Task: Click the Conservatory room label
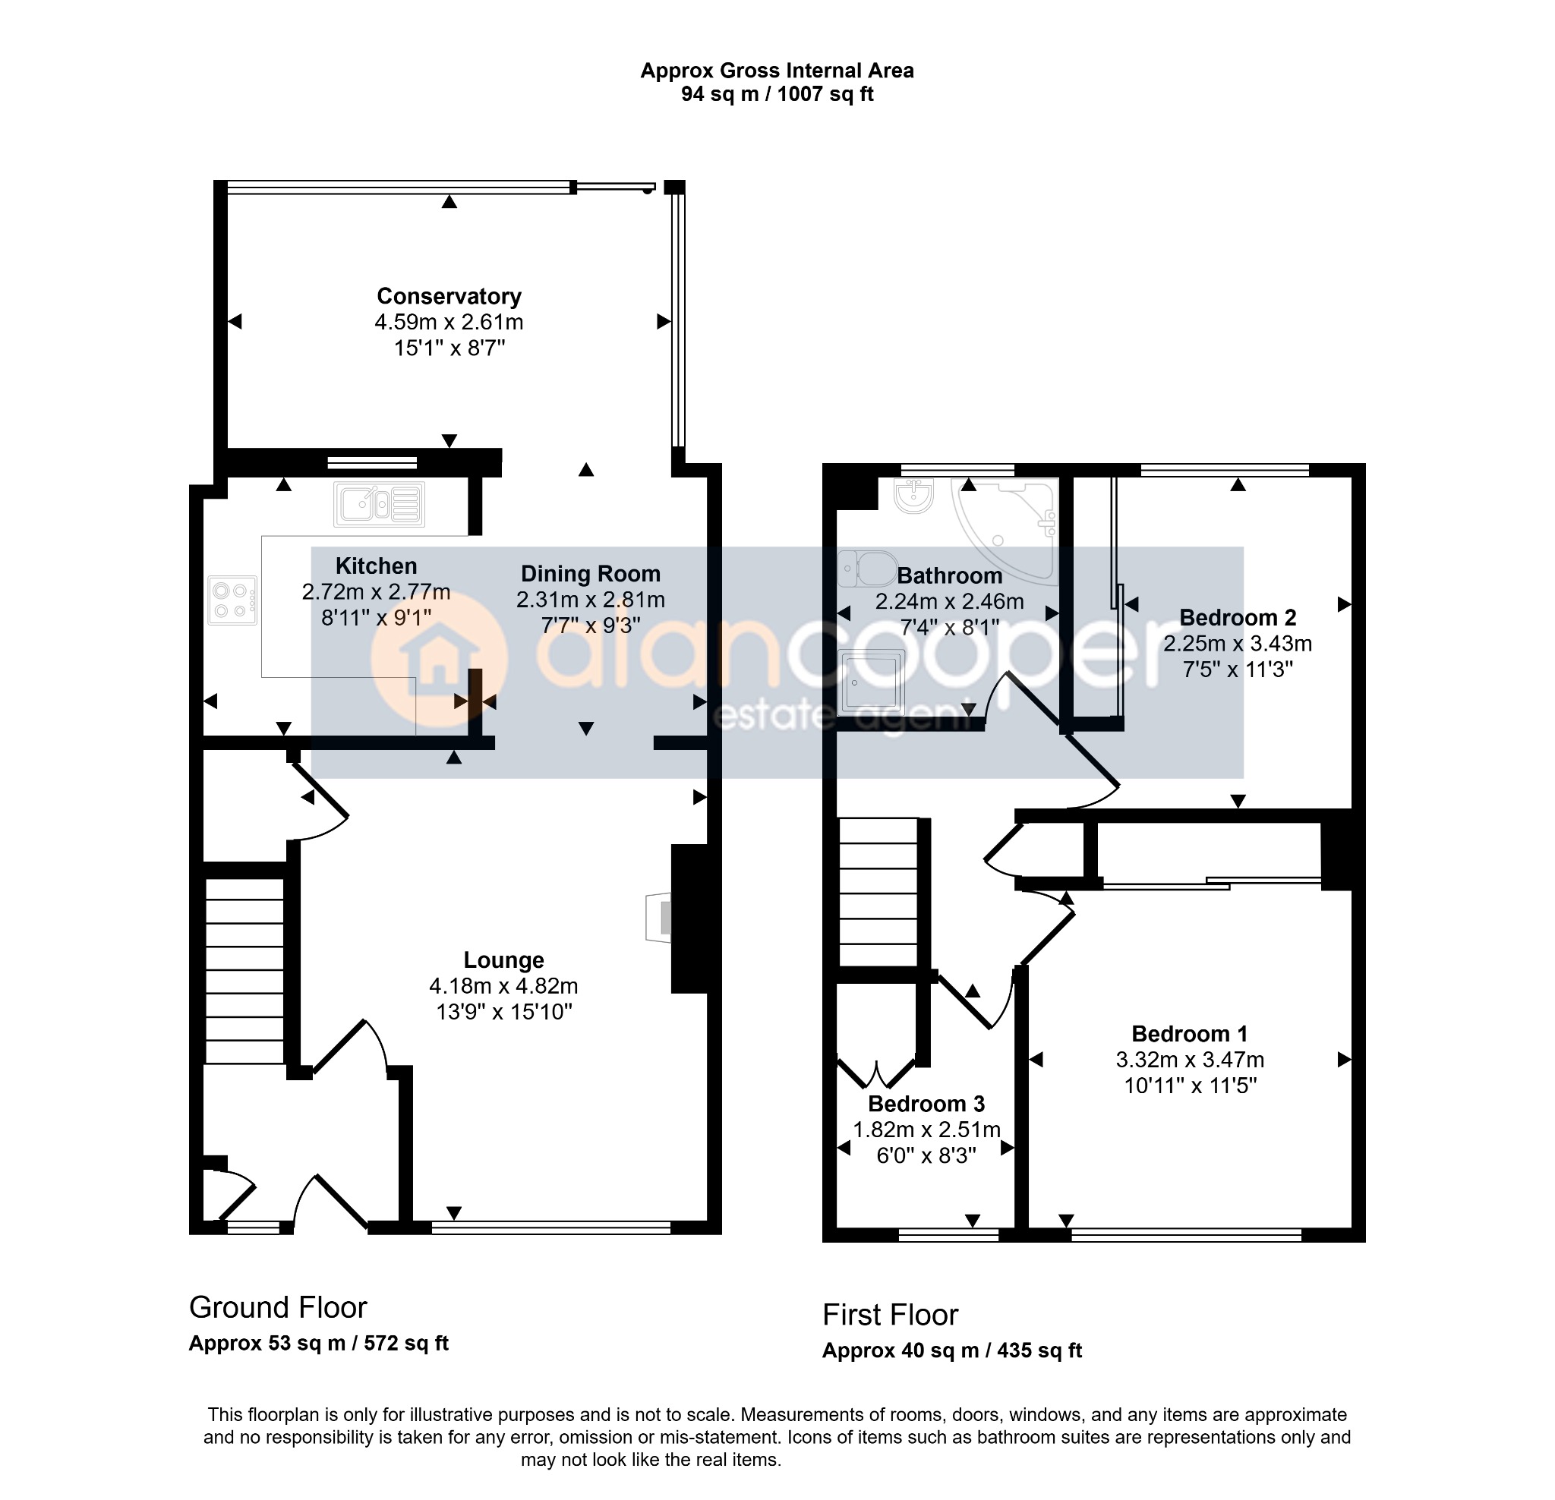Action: click(449, 297)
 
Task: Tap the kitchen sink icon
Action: click(379, 505)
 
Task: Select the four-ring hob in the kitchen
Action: click(232, 600)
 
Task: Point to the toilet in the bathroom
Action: click(868, 569)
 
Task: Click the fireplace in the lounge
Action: click(659, 918)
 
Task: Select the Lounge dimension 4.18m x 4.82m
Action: click(504, 986)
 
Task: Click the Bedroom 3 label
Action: click(926, 1105)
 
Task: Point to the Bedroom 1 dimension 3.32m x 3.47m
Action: click(1190, 1060)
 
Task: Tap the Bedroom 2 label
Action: click(1238, 617)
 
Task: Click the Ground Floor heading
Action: click(278, 1307)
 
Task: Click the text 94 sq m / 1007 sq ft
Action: click(777, 94)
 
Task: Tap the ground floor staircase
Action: click(245, 970)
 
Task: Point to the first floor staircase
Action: click(878, 893)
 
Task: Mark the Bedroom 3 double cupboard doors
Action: click(877, 1073)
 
